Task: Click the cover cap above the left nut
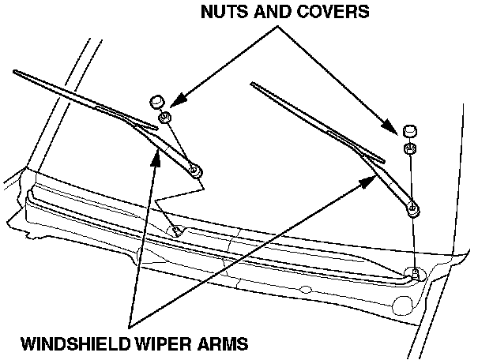coord(157,101)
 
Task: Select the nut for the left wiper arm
coord(165,118)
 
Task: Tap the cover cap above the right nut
coord(409,129)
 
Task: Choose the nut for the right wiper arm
coord(410,148)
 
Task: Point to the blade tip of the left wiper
coord(15,73)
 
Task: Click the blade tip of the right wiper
coord(253,83)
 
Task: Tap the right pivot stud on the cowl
coord(413,274)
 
